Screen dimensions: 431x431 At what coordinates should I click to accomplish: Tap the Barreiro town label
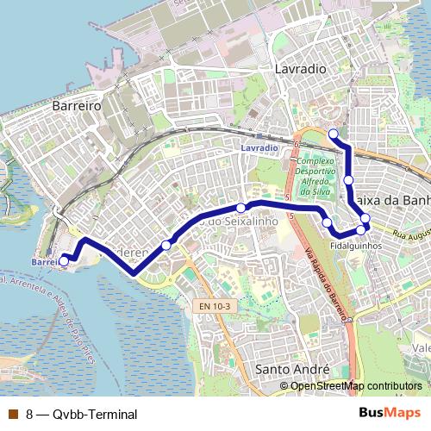(x=78, y=104)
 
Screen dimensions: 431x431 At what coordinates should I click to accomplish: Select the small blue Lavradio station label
(x=259, y=148)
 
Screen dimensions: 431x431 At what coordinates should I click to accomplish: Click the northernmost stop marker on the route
(x=333, y=133)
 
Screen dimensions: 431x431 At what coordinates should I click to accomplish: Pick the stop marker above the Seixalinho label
(x=241, y=208)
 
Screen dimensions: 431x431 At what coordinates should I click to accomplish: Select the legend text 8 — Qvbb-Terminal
(x=81, y=415)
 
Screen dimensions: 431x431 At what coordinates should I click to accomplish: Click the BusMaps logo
(x=390, y=414)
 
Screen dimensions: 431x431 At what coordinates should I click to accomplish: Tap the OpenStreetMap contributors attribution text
(x=357, y=385)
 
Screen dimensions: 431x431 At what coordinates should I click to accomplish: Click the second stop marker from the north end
(x=348, y=179)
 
